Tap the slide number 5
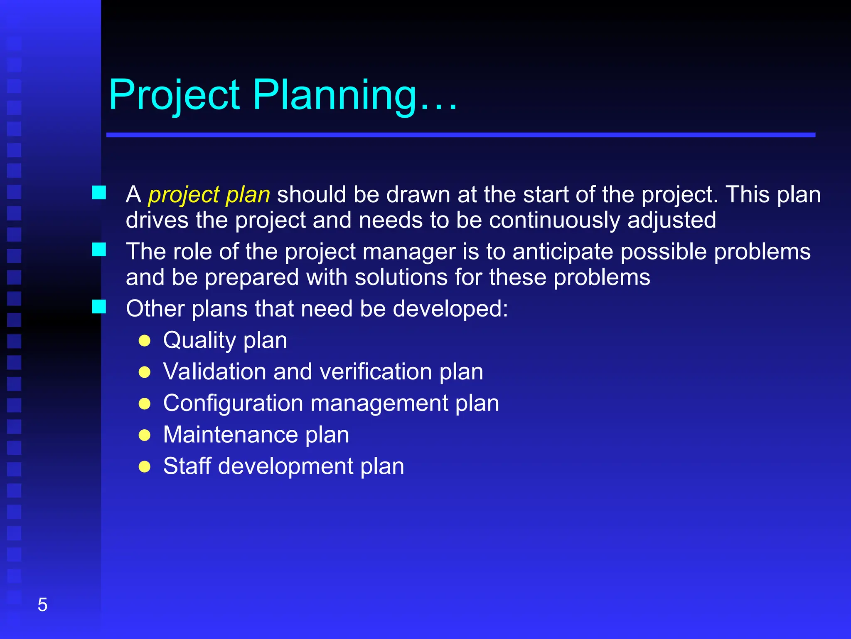tap(42, 604)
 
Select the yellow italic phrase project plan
tap(209, 195)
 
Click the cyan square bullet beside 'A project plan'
tap(99, 193)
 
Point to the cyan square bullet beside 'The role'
tap(99, 250)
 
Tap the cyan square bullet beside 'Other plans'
tap(99, 307)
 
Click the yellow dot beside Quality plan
tap(145, 341)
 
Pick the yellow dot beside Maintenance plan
tap(145, 435)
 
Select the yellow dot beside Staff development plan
tap(145, 467)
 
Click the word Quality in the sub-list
tap(199, 341)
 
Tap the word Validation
tap(214, 372)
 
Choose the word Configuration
tap(233, 403)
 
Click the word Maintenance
tap(231, 435)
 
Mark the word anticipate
tap(563, 252)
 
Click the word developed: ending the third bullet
tap(450, 309)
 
